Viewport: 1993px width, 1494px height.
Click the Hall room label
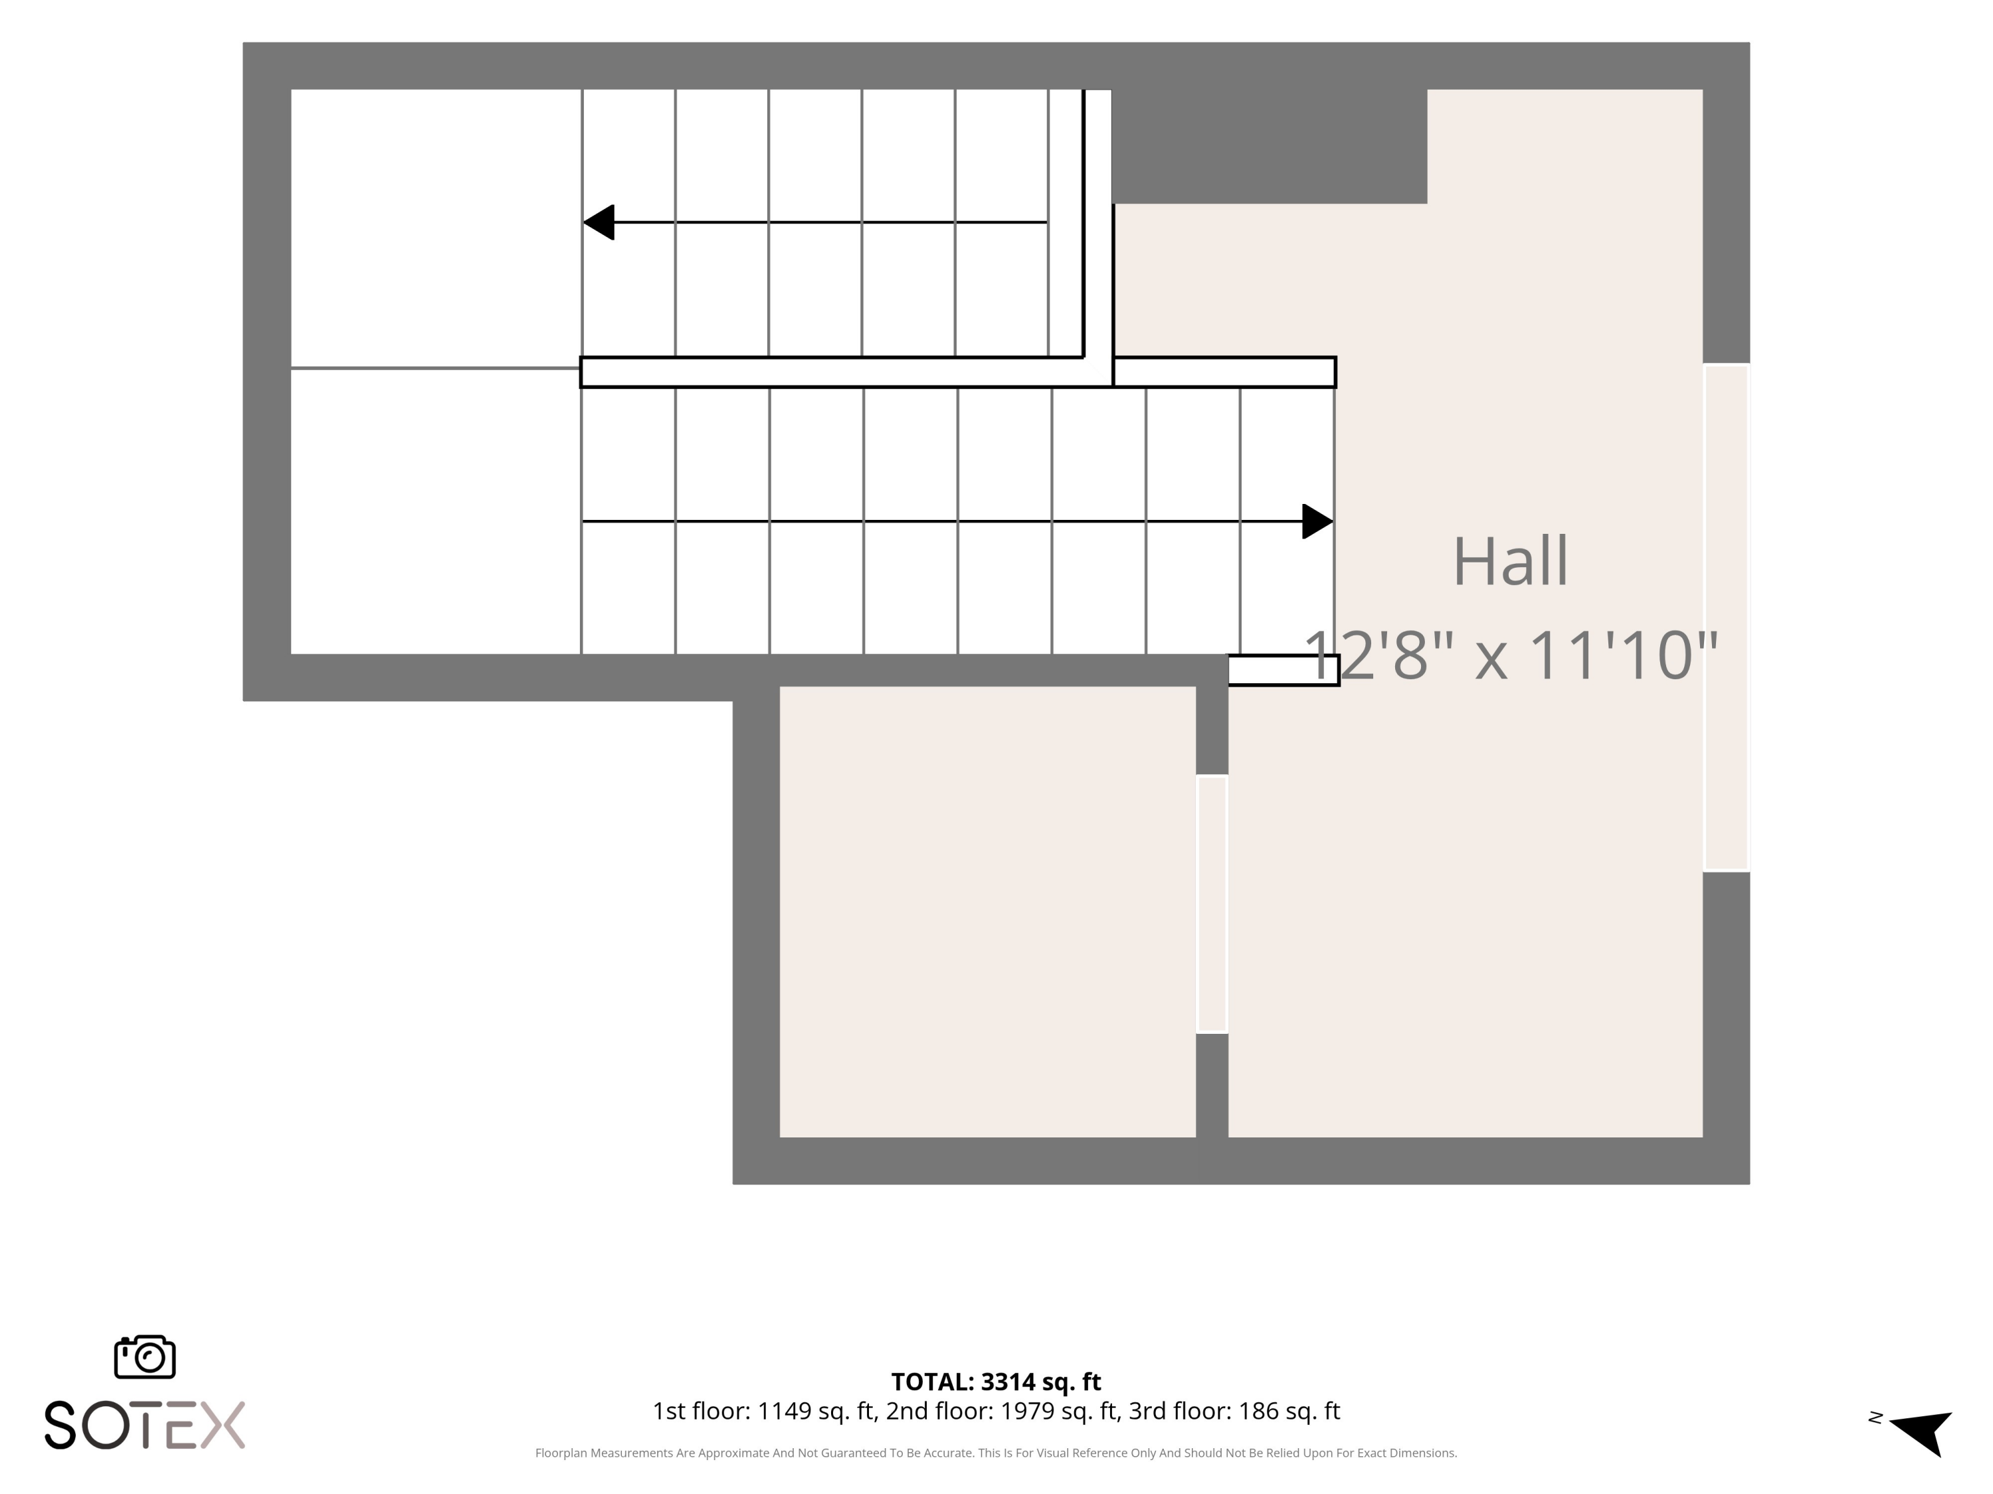point(1510,561)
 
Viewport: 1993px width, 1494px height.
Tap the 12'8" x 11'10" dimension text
point(1511,655)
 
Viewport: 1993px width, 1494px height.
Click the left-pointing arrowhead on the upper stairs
point(599,222)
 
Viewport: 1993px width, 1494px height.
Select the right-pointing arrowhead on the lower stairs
point(1317,521)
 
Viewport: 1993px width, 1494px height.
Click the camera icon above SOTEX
point(145,1356)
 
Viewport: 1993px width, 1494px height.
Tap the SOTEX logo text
point(145,1425)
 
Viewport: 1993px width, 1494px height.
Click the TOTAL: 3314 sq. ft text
point(996,1381)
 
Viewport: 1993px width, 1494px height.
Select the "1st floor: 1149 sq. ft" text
point(765,1411)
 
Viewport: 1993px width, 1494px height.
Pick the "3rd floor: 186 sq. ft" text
point(1234,1411)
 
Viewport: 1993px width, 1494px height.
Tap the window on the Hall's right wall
point(1727,618)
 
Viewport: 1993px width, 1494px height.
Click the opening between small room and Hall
point(1212,904)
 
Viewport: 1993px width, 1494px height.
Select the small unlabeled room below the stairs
point(987,912)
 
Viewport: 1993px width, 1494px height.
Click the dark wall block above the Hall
point(1270,146)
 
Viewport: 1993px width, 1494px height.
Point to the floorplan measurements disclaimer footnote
point(996,1453)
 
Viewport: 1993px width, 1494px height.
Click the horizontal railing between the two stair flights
point(958,372)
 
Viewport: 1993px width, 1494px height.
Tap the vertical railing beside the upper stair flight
point(1097,223)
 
